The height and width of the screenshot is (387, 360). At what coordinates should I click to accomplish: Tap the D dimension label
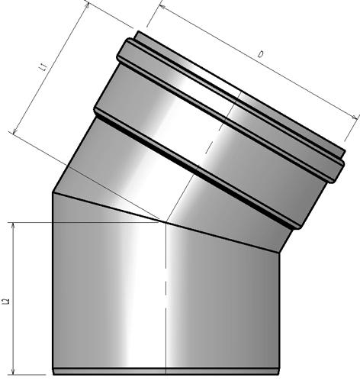coord(260,55)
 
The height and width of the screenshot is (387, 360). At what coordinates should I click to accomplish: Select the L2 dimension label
coord(6,302)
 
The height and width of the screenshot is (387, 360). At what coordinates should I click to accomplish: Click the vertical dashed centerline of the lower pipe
coord(166,305)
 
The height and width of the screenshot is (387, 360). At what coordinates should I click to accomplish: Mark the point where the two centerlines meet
coord(166,222)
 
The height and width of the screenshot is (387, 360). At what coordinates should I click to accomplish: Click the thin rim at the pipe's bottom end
coord(165,372)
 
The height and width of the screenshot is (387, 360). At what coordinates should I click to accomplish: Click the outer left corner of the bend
coord(52,192)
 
